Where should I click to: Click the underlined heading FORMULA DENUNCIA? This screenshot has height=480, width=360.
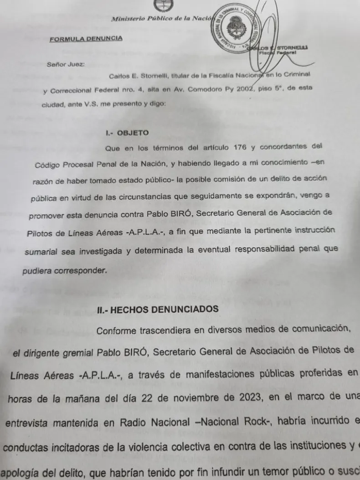[86, 38]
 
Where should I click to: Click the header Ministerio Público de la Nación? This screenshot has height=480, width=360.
[162, 19]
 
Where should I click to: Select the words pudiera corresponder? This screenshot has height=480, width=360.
[64, 270]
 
